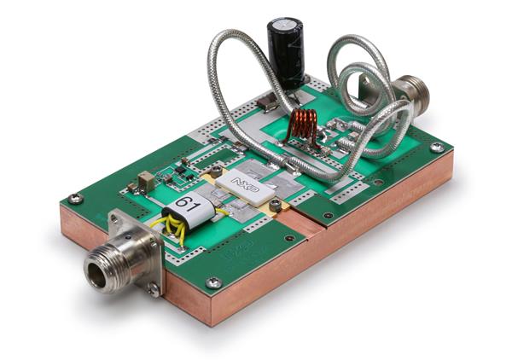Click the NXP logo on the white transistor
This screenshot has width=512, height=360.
pyautogui.click(x=243, y=183)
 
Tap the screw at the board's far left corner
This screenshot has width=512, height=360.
pyautogui.click(x=76, y=198)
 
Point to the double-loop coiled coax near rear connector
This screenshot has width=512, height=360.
pyautogui.click(x=358, y=81)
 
